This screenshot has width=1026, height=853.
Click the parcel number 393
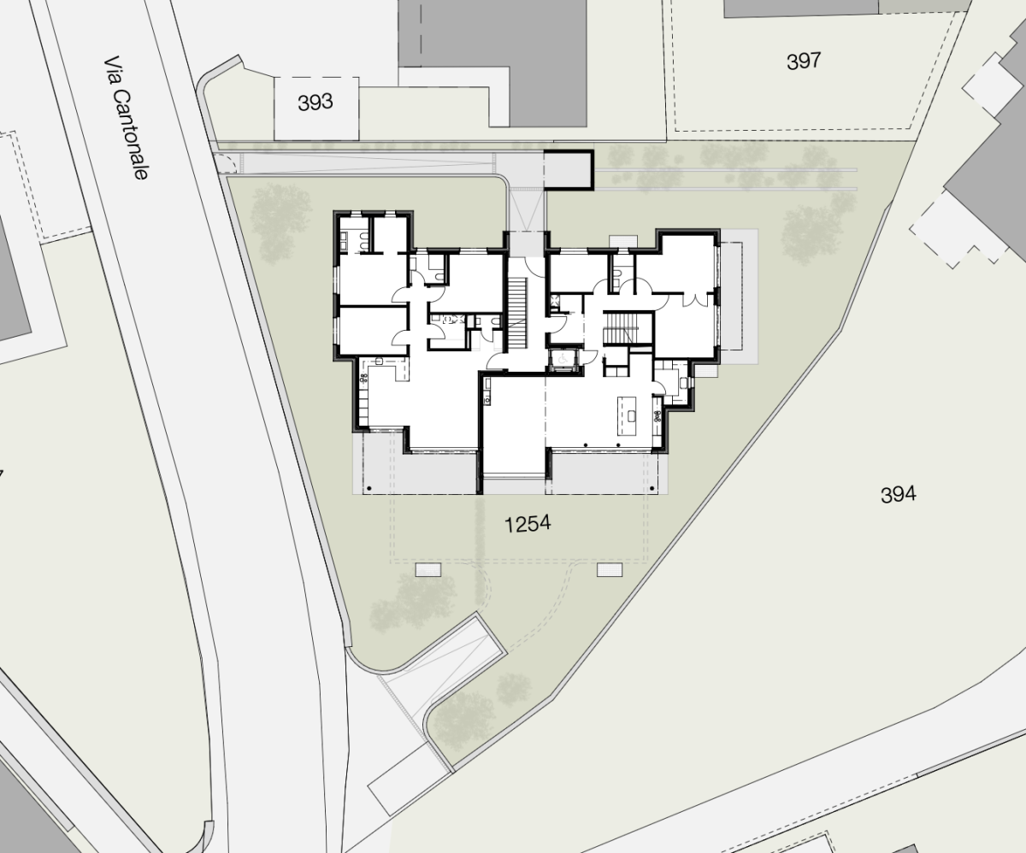(x=315, y=103)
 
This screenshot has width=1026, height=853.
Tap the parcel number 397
(x=804, y=62)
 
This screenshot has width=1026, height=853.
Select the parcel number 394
(x=899, y=495)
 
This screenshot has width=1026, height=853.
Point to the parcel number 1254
(x=528, y=524)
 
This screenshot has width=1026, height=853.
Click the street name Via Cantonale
(x=126, y=118)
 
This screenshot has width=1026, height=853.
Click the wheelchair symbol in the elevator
(x=563, y=360)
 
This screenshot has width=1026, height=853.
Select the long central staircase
(x=516, y=315)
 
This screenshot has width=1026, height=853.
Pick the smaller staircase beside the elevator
(x=620, y=327)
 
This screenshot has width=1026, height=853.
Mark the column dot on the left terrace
(x=369, y=488)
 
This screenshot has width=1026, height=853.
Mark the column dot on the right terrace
(x=652, y=488)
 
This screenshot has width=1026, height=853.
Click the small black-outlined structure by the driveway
(x=569, y=170)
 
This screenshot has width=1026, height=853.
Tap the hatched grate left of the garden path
(x=428, y=569)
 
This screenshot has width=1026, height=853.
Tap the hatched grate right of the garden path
(x=610, y=569)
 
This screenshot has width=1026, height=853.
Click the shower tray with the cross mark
(x=554, y=300)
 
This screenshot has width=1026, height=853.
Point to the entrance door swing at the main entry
(x=534, y=266)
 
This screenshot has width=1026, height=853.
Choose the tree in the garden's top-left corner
(x=281, y=222)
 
